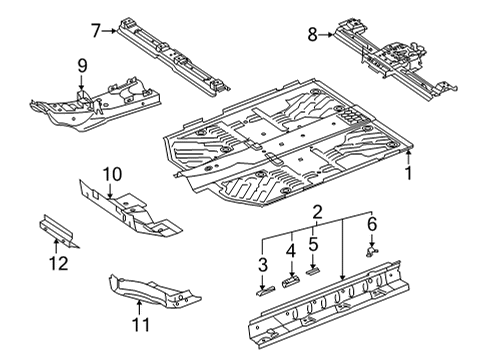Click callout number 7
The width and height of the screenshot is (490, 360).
tap(96, 31)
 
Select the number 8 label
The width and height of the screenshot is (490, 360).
tap(312, 35)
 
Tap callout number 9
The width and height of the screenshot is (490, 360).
tap(82, 65)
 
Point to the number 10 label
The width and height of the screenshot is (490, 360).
tap(112, 174)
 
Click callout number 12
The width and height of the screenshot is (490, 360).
tap(59, 263)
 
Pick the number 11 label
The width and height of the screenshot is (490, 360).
tap(141, 324)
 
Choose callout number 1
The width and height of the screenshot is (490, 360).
tap(408, 173)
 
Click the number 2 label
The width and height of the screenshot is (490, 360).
tap(317, 212)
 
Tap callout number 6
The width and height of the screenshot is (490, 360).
tap(372, 224)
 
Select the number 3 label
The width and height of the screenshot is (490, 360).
tap(263, 265)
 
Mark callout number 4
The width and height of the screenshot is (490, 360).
tap(291, 251)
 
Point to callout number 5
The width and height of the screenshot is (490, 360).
tap(313, 244)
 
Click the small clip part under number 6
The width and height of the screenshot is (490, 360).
tap(371, 252)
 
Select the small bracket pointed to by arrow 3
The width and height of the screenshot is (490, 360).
tap(265, 291)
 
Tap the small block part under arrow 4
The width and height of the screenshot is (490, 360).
tap(291, 282)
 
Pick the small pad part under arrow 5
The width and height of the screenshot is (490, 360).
tap(313, 271)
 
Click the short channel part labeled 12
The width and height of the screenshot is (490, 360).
tap(57, 231)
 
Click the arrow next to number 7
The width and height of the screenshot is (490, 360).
tap(109, 31)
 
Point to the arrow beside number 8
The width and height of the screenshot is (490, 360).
tap(326, 34)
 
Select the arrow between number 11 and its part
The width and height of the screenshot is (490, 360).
tap(139, 308)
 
